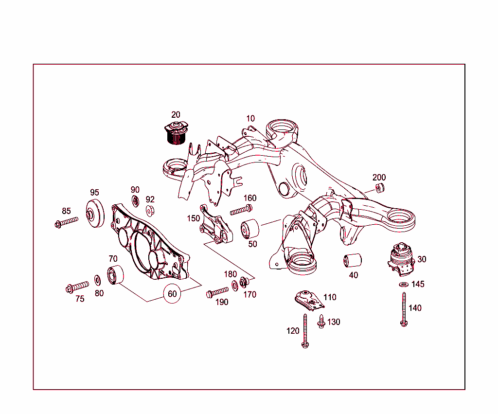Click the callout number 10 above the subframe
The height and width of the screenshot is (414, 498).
[x=250, y=119]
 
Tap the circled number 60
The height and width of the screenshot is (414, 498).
[x=172, y=294]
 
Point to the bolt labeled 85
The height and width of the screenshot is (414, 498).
[x=66, y=223]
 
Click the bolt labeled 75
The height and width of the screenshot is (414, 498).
[x=77, y=287]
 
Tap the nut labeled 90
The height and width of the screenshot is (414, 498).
[x=136, y=200]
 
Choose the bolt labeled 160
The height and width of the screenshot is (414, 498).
[x=241, y=210]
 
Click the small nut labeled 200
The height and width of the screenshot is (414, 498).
[x=381, y=188]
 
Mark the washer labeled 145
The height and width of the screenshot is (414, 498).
[x=403, y=284]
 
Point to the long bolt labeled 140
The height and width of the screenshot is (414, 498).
[x=404, y=309]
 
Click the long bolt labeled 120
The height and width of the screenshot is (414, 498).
[x=305, y=331]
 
